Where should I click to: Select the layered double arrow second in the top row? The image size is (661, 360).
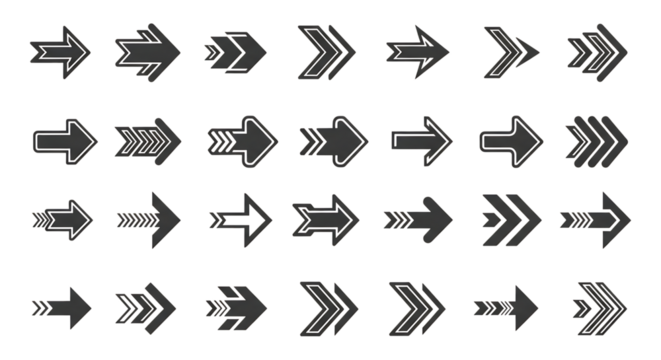click(x=147, y=48)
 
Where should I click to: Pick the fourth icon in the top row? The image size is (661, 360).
click(x=325, y=47)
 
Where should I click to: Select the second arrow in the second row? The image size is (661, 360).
click(x=148, y=138)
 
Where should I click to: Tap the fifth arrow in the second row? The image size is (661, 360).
click(x=421, y=137)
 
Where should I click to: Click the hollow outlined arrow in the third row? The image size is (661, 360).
click(x=243, y=216)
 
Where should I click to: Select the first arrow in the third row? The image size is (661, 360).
click(x=62, y=216)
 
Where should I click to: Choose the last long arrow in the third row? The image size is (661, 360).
click(x=596, y=216)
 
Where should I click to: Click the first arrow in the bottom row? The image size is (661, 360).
click(x=62, y=302)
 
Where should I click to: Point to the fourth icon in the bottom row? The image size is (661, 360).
click(x=327, y=301)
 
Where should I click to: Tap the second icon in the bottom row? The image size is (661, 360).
click(x=144, y=302)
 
